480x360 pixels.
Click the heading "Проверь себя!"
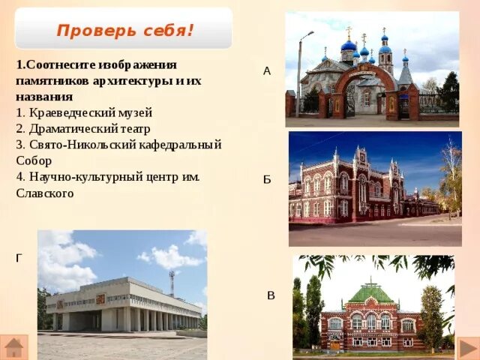pos(125,30)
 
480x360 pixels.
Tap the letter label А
pos(267,71)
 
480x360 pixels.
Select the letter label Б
pos(267,180)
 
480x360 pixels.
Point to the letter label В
pos(271,295)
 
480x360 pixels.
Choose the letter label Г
pos(19,259)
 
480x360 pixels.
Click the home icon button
pos(14,347)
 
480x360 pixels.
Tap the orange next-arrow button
pos(468,348)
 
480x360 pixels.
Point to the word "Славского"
pos(45,193)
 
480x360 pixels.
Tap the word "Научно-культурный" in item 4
pos(86,177)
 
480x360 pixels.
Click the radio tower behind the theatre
pos(172,283)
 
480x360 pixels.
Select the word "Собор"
pos(34,160)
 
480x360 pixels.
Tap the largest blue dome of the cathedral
pos(349,46)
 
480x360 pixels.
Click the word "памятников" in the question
pos(52,81)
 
